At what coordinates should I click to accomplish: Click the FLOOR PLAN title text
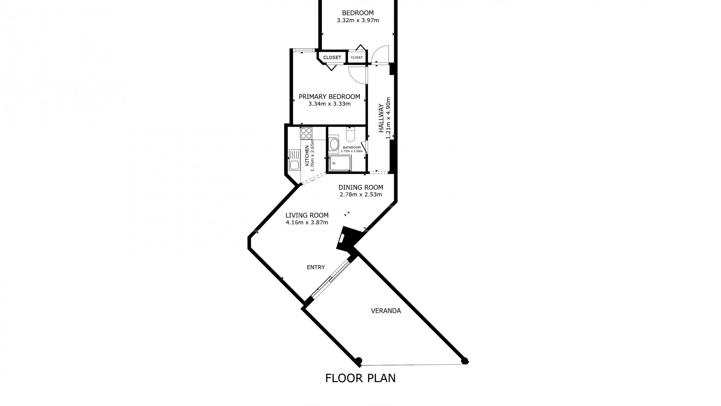360,378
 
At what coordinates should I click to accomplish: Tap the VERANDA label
386,311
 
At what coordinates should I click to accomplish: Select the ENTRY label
315,267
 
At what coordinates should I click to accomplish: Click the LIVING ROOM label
307,215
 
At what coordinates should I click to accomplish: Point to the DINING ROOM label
361,187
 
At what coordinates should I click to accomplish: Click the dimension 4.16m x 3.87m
307,223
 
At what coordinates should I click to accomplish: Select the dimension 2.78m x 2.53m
361,195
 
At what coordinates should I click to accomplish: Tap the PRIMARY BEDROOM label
329,97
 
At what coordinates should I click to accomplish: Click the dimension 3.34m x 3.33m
329,104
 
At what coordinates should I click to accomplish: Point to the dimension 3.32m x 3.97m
358,20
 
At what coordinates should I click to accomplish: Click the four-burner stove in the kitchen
306,133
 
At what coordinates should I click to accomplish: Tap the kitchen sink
294,160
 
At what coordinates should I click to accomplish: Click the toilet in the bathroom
350,134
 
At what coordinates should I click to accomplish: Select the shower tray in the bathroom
340,163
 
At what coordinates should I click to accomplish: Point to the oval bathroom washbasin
333,144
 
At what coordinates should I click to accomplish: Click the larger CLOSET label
332,58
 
